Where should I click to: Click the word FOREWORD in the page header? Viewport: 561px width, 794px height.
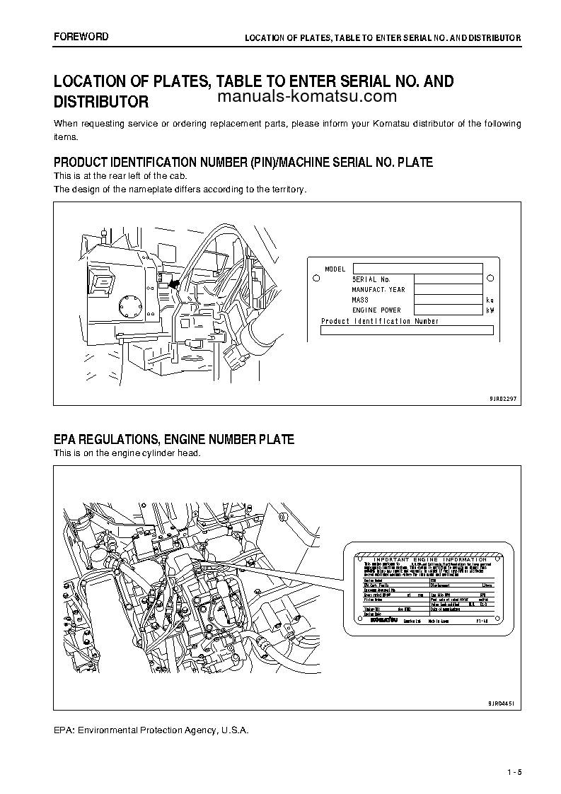point(81,36)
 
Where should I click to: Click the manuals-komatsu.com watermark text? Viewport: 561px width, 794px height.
point(307,98)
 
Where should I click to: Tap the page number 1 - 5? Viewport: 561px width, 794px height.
point(514,771)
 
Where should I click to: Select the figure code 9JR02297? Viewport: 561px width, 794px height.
point(502,399)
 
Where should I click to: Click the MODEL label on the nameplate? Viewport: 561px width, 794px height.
point(335,269)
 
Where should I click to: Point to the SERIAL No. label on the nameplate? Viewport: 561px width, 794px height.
point(371,280)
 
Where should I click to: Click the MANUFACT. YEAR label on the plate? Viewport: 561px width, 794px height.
point(378,290)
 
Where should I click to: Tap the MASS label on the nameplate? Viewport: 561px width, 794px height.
point(361,300)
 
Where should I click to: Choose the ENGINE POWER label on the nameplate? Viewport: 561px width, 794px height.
point(376,310)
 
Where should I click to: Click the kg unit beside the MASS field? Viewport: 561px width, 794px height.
point(490,300)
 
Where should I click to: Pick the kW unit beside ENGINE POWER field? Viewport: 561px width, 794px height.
point(490,310)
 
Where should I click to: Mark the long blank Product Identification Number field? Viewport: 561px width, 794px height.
point(407,330)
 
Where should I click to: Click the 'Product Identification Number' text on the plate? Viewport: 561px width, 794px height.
point(380,321)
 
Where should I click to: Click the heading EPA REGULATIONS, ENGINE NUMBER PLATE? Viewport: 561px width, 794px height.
point(174,440)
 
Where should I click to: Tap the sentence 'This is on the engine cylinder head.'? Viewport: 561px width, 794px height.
point(127,453)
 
